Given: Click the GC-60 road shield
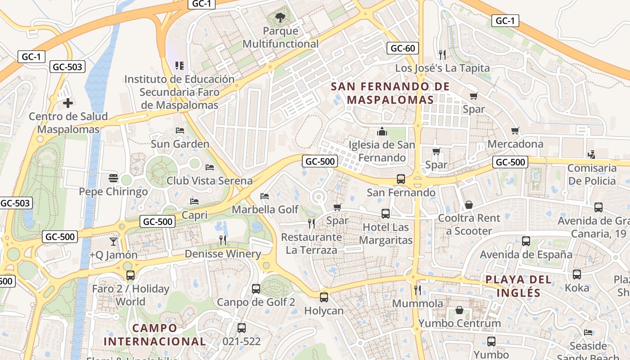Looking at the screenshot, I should click(x=402, y=48).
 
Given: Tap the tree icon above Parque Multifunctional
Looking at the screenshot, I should click(x=280, y=18).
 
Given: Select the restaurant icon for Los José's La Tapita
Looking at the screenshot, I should click(x=442, y=55).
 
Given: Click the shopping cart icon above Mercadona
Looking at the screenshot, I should click(x=515, y=131).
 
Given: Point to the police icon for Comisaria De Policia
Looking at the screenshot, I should click(x=592, y=155).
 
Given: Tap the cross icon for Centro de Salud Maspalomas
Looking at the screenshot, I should click(x=68, y=103).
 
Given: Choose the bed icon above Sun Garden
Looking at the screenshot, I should click(x=180, y=131).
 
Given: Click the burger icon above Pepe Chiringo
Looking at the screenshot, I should click(x=113, y=179).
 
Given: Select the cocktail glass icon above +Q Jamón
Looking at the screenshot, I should click(x=113, y=242).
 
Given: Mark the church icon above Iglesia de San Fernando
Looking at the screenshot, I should click(x=382, y=131).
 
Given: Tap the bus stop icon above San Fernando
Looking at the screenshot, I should click(x=400, y=179).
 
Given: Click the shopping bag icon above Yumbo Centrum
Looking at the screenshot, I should click(x=459, y=310).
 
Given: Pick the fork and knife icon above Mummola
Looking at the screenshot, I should click(x=417, y=290).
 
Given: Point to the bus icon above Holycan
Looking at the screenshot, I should click(x=324, y=297).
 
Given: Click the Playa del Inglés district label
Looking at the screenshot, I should click(x=518, y=286).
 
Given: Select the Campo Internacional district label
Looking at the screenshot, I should click(x=155, y=334).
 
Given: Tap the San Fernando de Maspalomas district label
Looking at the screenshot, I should click(x=390, y=93).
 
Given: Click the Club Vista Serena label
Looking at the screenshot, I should click(x=209, y=181).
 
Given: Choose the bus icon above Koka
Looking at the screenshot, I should click(x=576, y=274).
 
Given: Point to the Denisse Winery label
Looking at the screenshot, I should click(x=223, y=254).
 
